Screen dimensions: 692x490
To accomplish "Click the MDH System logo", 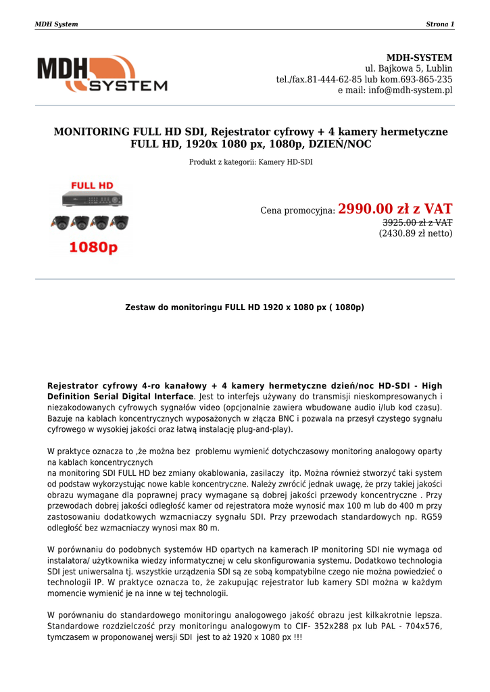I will click(101, 74).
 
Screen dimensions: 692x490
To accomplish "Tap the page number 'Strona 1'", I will click(439, 24).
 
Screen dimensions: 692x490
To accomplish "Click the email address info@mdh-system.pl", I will click(410, 90).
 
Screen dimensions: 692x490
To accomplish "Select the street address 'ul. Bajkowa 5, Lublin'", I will click(408, 68).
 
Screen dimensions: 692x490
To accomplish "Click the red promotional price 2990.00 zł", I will click(395, 209).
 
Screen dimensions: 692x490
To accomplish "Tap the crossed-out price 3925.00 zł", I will click(417, 222).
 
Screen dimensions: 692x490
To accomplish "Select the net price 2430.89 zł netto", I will click(415, 233).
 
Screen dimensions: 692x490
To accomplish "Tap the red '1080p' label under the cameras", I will click(93, 248).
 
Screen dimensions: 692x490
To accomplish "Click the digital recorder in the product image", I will click(93, 201).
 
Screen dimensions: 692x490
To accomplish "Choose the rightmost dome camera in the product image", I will click(120, 222).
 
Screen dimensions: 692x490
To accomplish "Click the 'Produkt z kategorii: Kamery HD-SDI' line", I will click(251, 162).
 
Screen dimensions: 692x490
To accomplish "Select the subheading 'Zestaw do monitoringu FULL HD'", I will click(245, 307).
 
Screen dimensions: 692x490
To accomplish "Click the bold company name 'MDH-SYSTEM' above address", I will click(419, 57).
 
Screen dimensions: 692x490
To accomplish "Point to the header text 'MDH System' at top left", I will click(56, 24).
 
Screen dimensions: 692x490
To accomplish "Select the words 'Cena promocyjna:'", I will click(297, 211).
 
